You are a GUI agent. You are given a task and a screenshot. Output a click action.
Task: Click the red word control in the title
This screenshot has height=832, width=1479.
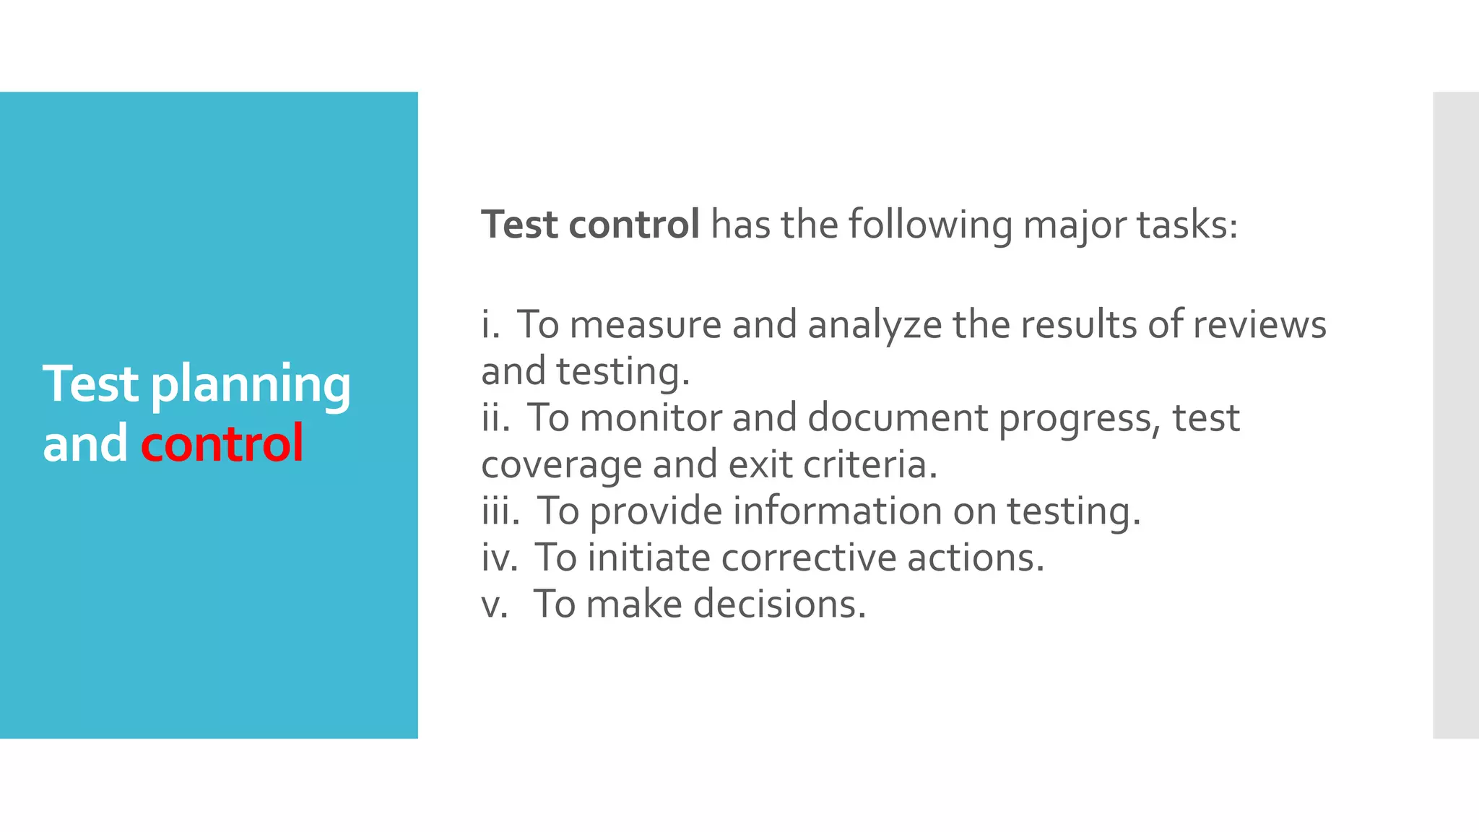click(x=222, y=443)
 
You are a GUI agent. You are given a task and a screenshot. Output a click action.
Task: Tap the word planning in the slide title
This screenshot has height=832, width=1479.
click(x=251, y=385)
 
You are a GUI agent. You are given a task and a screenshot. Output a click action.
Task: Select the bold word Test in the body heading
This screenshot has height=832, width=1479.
click(x=519, y=225)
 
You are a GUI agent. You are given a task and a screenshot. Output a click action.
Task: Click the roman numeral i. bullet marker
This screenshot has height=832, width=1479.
click(x=490, y=324)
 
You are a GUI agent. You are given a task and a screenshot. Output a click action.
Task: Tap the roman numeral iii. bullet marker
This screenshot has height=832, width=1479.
click(x=500, y=511)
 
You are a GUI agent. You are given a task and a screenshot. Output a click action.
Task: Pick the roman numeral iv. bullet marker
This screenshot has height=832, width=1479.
click(x=500, y=558)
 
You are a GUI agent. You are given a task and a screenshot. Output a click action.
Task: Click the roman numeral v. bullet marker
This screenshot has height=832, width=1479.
click(x=495, y=604)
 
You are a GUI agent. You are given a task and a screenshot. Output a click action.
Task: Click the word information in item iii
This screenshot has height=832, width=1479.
click(x=837, y=511)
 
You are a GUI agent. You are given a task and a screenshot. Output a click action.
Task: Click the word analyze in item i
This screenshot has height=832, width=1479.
click(x=875, y=326)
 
